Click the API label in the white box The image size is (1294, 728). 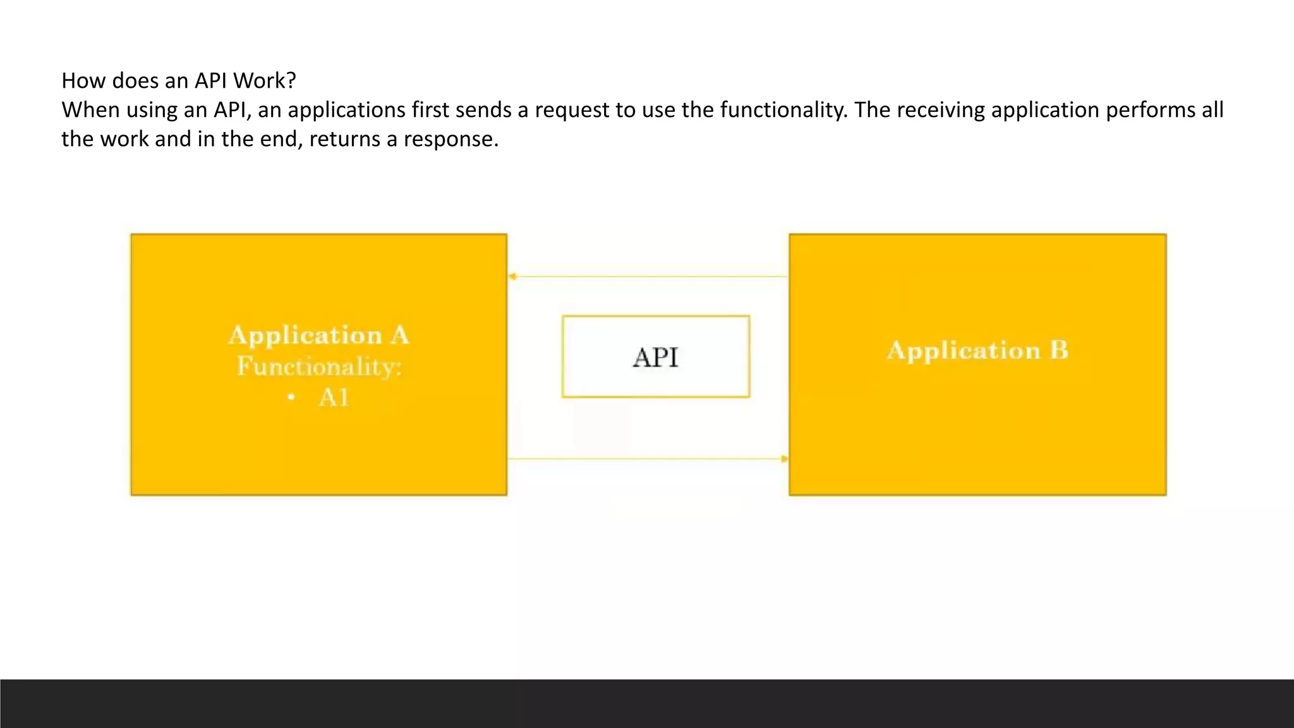coord(655,358)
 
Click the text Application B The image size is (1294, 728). coord(977,350)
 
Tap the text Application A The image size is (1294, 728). coord(318,335)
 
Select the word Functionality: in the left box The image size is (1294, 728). coord(319,367)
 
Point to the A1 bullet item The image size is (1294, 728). coord(334,398)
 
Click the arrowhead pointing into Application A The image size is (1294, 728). coord(512,276)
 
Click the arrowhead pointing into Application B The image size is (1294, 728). coord(785,459)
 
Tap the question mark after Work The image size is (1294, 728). coord(291,81)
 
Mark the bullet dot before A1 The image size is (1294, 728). coord(291,397)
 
